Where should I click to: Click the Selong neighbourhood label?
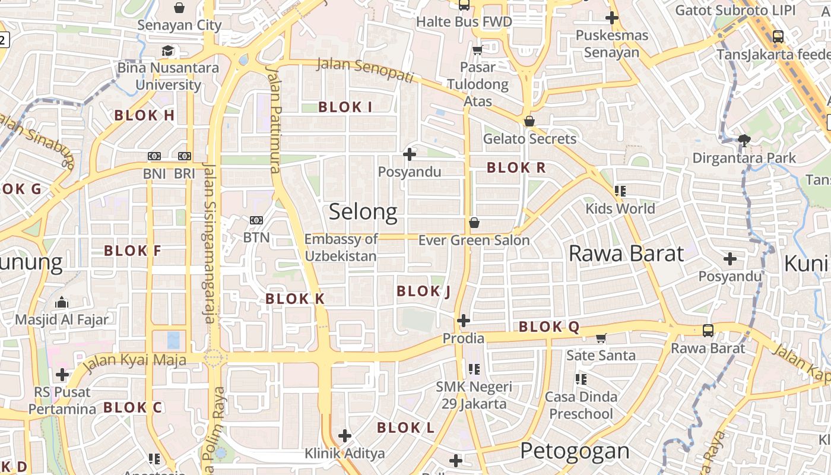pos(363,212)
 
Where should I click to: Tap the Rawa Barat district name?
pos(626,254)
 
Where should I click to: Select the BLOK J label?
pos(424,291)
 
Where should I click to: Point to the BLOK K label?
pos(295,299)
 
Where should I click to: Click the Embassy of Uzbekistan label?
pos(341,248)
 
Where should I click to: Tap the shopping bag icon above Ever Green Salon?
pos(474,223)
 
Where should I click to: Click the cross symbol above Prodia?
pos(464,321)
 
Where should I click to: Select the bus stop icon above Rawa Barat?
pos(708,331)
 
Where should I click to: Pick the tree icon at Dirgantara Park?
pos(744,141)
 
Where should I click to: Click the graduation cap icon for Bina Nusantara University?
pos(168,51)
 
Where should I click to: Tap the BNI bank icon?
pos(154,156)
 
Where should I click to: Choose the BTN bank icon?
pos(256,220)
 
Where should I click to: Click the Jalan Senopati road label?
pos(364,70)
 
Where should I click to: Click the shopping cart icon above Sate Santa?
pos(601,338)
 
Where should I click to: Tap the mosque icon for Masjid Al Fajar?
pos(62,303)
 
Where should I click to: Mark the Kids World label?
pos(620,208)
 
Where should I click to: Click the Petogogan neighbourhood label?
pos(575,451)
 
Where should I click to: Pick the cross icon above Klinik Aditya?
pos(345,436)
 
